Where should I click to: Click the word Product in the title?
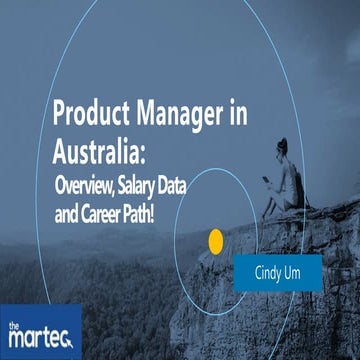87,113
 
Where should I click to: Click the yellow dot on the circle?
215,241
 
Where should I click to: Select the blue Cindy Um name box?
283,272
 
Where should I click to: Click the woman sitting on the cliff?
287,185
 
